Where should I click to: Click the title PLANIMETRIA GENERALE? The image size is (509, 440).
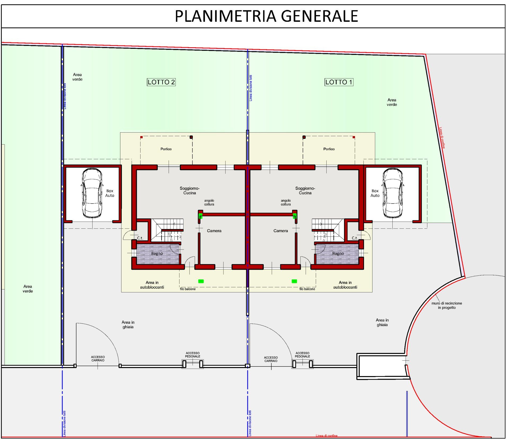[266, 16]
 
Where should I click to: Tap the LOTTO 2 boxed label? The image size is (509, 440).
[161, 82]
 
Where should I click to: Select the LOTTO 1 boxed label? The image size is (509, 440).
[339, 82]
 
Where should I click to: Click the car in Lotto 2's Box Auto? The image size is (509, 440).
[92, 193]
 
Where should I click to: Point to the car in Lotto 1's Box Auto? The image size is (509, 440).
[393, 193]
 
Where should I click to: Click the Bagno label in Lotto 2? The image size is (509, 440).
[157, 253]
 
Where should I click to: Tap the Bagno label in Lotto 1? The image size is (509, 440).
[338, 253]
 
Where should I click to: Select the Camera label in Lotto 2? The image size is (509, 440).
[214, 231]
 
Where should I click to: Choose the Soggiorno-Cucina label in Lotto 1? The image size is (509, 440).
[305, 191]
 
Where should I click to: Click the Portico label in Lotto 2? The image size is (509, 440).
[166, 149]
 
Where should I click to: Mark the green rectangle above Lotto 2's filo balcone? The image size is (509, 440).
[201, 281]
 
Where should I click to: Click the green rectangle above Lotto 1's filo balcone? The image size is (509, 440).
[294, 281]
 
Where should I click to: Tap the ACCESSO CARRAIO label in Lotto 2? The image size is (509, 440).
[98, 359]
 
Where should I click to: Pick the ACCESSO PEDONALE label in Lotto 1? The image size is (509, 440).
[302, 355]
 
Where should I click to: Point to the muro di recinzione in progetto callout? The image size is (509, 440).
[447, 305]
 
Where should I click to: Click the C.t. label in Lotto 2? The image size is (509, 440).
[140, 238]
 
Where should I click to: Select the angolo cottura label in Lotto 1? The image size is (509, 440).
[286, 202]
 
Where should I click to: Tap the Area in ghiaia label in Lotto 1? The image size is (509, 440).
[382, 322]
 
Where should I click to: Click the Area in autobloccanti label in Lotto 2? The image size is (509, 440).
[152, 285]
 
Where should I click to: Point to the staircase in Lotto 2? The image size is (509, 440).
[167, 230]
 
